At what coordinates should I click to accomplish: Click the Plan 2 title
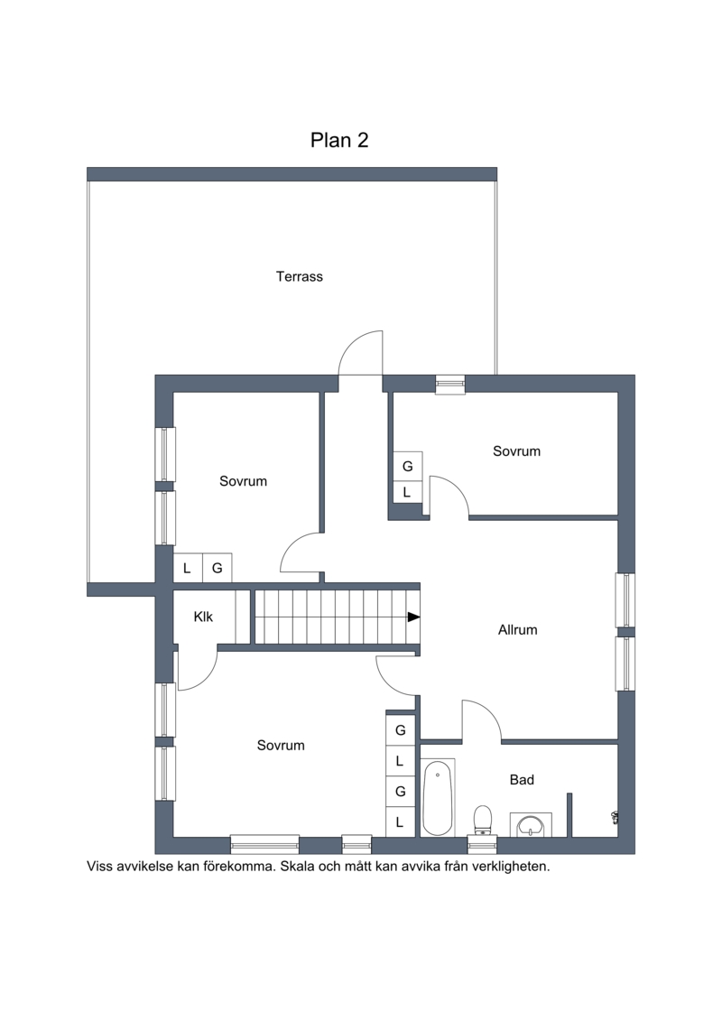tap(339, 140)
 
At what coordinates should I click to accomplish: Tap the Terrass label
tap(300, 277)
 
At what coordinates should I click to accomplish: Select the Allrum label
tap(517, 629)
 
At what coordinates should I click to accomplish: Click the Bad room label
tap(523, 779)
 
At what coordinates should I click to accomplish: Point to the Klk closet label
tap(203, 617)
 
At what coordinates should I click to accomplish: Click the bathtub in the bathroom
tap(438, 797)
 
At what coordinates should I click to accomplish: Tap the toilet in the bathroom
tap(483, 819)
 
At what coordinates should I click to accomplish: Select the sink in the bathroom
tap(531, 824)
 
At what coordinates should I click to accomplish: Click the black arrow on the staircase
tap(413, 617)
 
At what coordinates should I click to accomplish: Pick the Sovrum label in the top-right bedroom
tap(516, 451)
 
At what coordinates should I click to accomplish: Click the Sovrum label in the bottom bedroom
tap(281, 746)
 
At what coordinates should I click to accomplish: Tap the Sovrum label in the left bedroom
tap(243, 481)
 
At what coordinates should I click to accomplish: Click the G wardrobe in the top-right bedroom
tap(408, 466)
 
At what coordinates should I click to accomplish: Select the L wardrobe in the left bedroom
tap(187, 568)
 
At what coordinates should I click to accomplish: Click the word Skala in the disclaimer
tap(297, 867)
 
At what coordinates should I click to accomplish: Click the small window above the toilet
tap(483, 844)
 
